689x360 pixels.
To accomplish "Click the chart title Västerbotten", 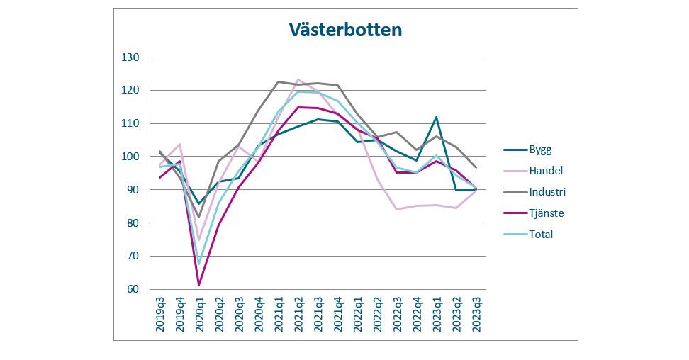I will pos(344,30).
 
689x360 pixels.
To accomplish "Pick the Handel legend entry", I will pos(545,171).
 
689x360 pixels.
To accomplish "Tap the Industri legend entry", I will pos(548,191).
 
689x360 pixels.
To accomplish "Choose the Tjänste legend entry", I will pos(547,213).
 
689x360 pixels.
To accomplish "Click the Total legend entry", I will pos(540,234).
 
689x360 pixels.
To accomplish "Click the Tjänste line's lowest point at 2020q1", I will pos(199,285).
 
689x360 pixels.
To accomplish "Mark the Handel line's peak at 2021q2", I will pos(298,79).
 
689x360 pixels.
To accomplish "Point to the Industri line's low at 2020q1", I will pos(199,217).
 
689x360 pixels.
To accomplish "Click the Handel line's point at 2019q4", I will pos(180,144).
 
